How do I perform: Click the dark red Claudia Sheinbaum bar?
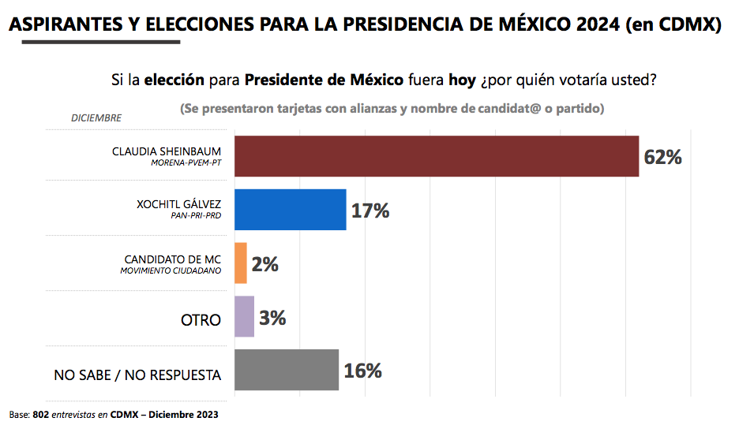pyautogui.click(x=437, y=156)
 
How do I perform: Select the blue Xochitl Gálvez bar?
pyautogui.click(x=291, y=210)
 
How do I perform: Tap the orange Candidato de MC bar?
pyautogui.click(x=241, y=263)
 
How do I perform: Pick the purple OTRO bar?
pyautogui.click(x=245, y=317)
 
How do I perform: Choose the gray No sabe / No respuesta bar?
pyautogui.click(x=287, y=370)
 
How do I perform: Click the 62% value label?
pyautogui.click(x=662, y=157)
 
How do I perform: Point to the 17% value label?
pyautogui.click(x=370, y=211)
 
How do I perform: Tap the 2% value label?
pyautogui.click(x=264, y=264)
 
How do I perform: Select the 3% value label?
pyautogui.click(x=272, y=318)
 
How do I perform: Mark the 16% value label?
pyautogui.click(x=362, y=371)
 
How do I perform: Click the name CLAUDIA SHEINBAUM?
pyautogui.click(x=167, y=151)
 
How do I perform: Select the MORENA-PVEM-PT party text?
pyautogui.click(x=186, y=163)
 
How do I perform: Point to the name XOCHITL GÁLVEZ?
pyautogui.click(x=178, y=203)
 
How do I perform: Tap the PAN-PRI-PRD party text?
pyautogui.click(x=195, y=216)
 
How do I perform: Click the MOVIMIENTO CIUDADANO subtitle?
pyautogui.click(x=171, y=270)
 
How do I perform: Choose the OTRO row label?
pyautogui.click(x=201, y=321)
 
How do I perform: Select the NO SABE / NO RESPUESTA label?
pyautogui.click(x=137, y=375)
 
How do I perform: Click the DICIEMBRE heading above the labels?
pyautogui.click(x=96, y=118)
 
